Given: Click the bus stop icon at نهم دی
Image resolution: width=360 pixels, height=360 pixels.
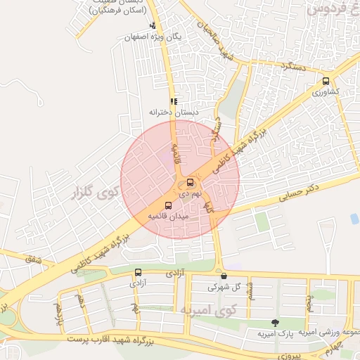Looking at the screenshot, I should pyautogui.click(x=191, y=183).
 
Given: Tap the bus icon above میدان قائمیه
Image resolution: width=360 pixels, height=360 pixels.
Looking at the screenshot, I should pyautogui.click(x=167, y=206).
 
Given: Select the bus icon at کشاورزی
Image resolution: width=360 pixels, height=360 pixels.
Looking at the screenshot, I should pyautogui.click(x=325, y=81).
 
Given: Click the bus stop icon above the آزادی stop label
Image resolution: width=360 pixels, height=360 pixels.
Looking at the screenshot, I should pyautogui.click(x=138, y=272).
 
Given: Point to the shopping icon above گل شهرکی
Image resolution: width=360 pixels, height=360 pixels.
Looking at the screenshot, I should pyautogui.click(x=224, y=276).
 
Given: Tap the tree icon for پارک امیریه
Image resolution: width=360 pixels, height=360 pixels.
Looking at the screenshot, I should pyautogui.click(x=275, y=323).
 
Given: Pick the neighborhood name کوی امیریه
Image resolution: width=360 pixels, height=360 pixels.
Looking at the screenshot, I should pyautogui.click(x=208, y=309).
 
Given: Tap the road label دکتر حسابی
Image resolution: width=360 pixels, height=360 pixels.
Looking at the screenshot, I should pyautogui.click(x=297, y=191).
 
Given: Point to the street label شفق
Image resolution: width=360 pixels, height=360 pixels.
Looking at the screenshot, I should pyautogui.click(x=34, y=261).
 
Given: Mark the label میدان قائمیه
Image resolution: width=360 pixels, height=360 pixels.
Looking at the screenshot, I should pyautogui.click(x=167, y=218).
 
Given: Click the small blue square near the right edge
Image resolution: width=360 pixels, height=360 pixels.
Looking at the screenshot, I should pyautogui.click(x=354, y=219).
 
